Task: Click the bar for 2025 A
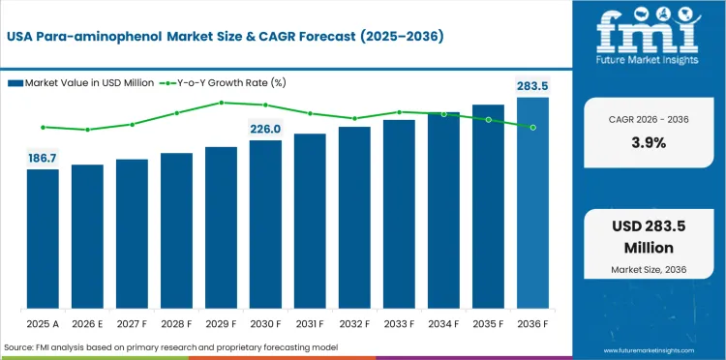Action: (x=43, y=237)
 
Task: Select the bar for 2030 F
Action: (x=265, y=223)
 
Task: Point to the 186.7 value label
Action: (x=43, y=157)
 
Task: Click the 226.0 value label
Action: (x=265, y=129)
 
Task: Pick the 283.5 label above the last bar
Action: (x=532, y=86)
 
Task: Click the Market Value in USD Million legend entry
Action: (x=87, y=83)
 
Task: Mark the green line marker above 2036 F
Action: (x=532, y=127)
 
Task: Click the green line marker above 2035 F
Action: (x=488, y=120)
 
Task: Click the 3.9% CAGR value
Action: (x=649, y=142)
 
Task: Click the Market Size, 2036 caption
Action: (x=649, y=267)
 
